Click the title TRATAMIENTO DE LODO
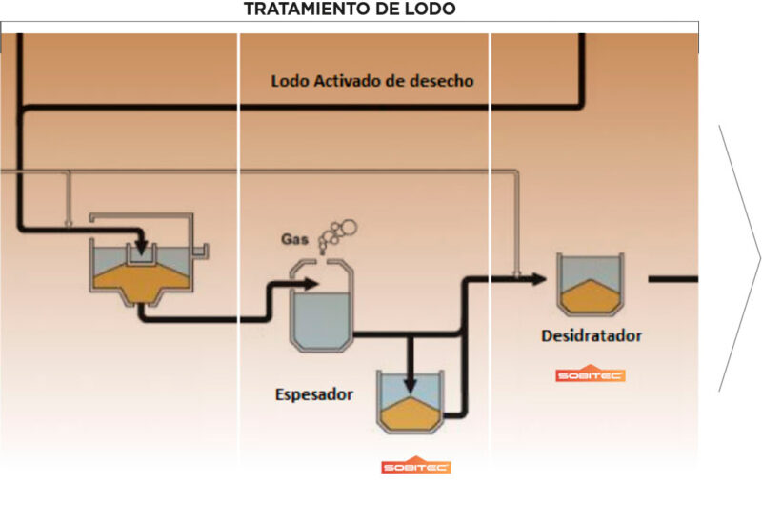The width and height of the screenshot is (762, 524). click(x=350, y=10)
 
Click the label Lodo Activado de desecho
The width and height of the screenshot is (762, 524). click(x=371, y=81)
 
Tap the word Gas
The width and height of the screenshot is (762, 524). click(x=294, y=237)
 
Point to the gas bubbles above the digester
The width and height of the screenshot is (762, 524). click(x=337, y=233)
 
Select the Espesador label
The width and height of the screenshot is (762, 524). click(x=314, y=393)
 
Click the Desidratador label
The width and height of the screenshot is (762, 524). click(x=591, y=335)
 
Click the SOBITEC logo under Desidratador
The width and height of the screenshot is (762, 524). click(x=591, y=375)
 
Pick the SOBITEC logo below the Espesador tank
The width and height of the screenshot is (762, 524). click(x=416, y=467)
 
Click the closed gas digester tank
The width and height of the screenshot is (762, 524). click(x=320, y=305)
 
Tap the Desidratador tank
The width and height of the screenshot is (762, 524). click(x=591, y=285)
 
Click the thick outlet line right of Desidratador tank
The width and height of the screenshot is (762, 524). click(x=672, y=279)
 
